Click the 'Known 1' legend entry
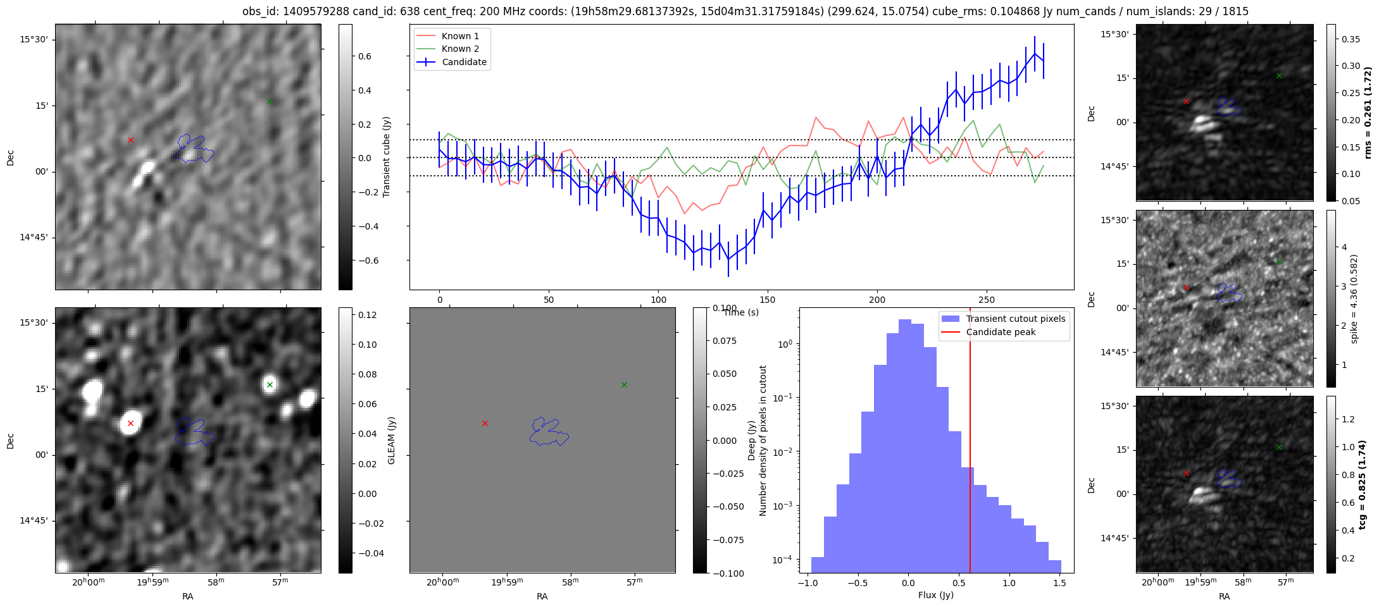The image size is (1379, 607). coord(459,36)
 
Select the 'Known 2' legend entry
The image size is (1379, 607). coord(459,49)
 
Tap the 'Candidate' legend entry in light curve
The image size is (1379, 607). coord(464,62)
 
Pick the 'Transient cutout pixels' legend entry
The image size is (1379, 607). coord(1015,319)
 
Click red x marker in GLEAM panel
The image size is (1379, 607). coord(130,424)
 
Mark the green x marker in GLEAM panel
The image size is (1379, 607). coord(270,384)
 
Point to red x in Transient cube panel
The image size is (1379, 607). coord(130,140)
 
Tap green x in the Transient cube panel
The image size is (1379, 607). coord(270,101)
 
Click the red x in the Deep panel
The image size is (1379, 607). coord(485,423)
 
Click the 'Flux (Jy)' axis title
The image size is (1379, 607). coord(935,595)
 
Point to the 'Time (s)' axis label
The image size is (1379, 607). coord(741,312)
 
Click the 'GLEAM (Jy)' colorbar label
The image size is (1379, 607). coord(391,441)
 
